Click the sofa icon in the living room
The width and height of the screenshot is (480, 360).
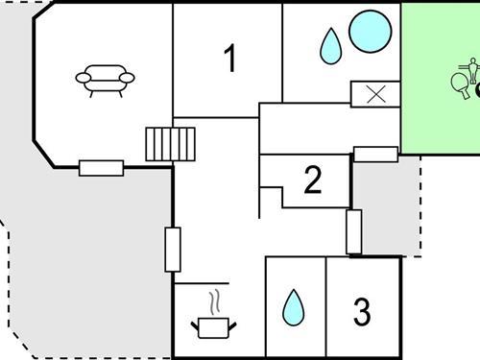105,79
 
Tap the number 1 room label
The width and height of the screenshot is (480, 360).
229,59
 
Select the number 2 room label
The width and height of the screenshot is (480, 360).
312,180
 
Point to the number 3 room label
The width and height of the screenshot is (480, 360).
361,311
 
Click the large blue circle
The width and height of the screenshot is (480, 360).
370,32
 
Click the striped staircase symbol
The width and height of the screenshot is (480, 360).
170,144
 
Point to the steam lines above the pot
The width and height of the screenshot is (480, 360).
218,300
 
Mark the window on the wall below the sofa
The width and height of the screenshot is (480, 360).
101,168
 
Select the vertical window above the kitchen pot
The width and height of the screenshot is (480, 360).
173,249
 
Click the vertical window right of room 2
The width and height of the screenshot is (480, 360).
353,230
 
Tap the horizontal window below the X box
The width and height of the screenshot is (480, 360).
375,154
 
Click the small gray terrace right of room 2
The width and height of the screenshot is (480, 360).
389,206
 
